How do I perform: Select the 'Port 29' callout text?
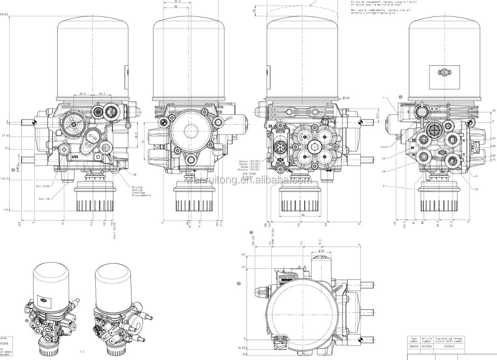pyautogui.click(x=44, y=198)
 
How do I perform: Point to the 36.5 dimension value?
pyautogui.click(x=82, y=93)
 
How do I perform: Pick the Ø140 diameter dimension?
pyautogui.click(x=346, y=98)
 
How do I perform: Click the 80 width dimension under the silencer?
pyautogui.click(x=303, y=215)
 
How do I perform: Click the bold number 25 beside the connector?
pyautogui.click(x=269, y=126)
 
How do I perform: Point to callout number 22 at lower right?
pyautogui.click(x=476, y=189)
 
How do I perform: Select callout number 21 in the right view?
pyautogui.click(x=476, y=176)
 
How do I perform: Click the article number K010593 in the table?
pyautogui.click(x=426, y=346)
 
